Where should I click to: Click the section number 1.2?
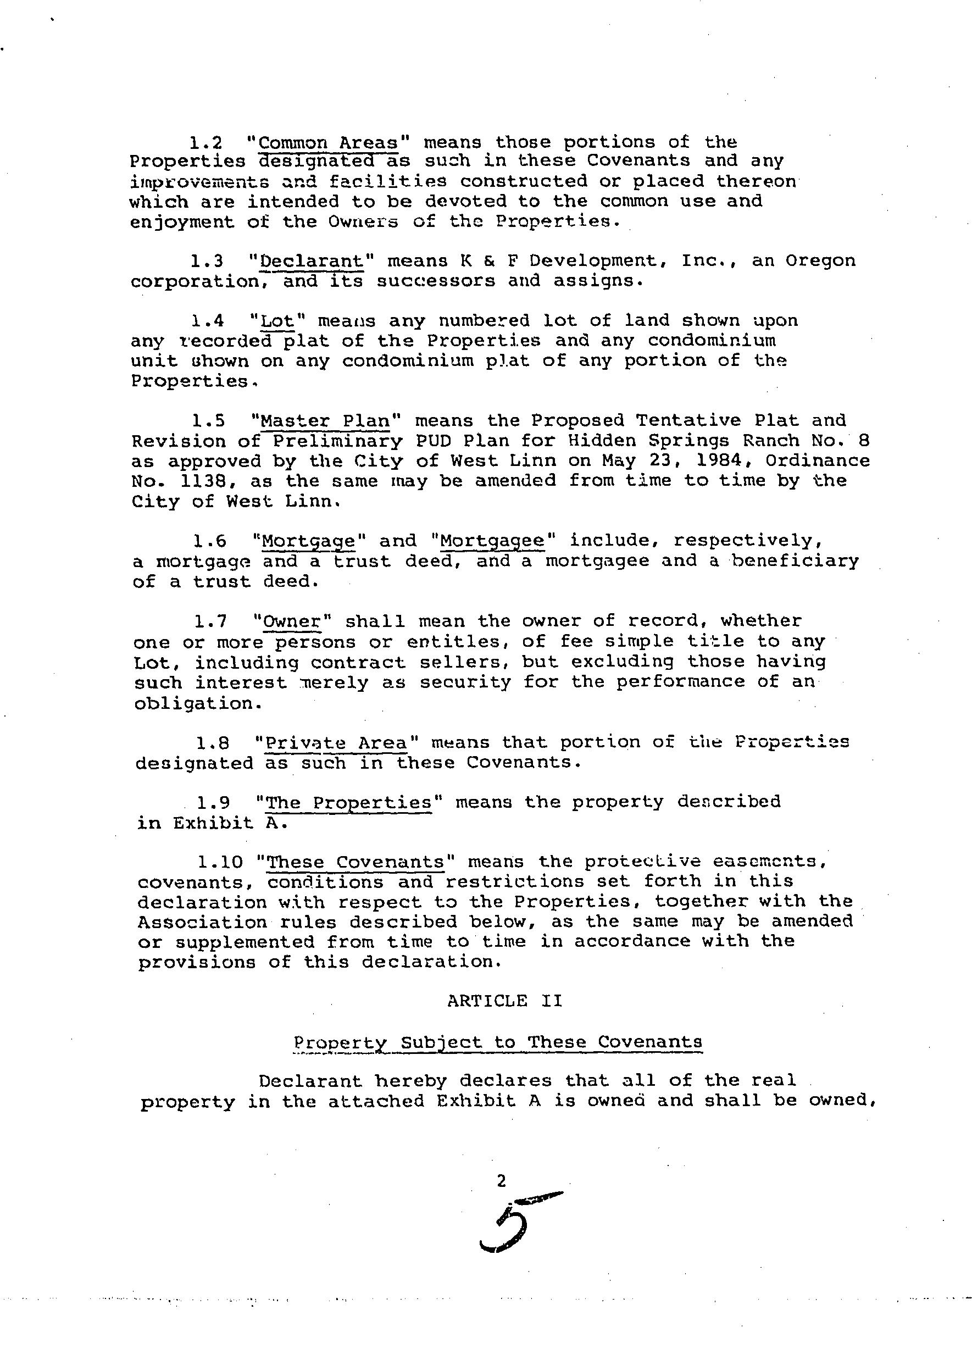coord(206,143)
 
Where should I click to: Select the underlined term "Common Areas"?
coord(328,143)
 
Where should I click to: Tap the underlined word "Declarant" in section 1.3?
coord(312,261)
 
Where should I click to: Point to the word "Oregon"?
coord(820,261)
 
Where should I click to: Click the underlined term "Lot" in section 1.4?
coord(278,321)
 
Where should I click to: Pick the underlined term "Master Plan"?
coord(325,421)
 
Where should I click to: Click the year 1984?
coord(722,461)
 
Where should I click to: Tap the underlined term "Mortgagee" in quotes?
coord(492,541)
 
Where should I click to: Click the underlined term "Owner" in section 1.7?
coord(291,621)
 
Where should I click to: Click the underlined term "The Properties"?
coord(348,803)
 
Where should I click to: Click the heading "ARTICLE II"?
coord(504,1001)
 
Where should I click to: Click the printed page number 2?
coord(502,1181)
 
